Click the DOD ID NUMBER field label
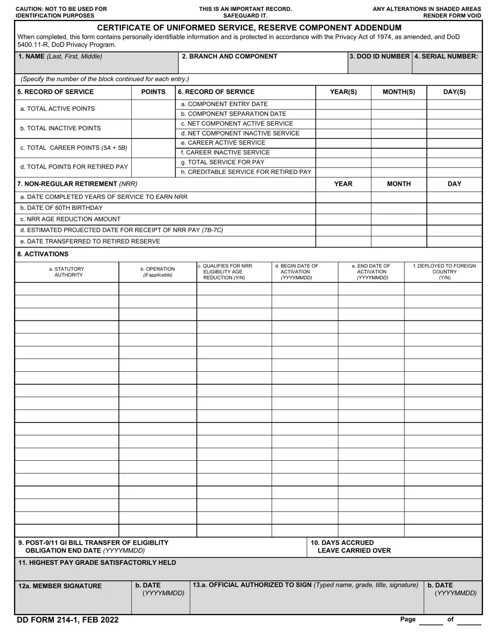pyautogui.click(x=380, y=57)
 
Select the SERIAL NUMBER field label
pyautogui.click(x=446, y=57)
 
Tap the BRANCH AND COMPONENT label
pyautogui.click(x=229, y=57)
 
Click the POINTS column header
pyautogui.click(x=153, y=92)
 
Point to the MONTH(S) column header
pyautogui.click(x=399, y=92)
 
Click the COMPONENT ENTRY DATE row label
pyautogui.click(x=224, y=104)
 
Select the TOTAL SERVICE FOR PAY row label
pyautogui.click(x=222, y=162)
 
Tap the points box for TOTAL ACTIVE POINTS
pyautogui.click(x=153, y=109)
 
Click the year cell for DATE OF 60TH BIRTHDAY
pyautogui.click(x=343, y=208)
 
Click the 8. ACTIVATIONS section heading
pyautogui.click(x=43, y=254)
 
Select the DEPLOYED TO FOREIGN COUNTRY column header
pyautogui.click(x=444, y=272)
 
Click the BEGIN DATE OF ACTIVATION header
pyautogui.click(x=296, y=272)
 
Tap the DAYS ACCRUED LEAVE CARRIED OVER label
pyautogui.click(x=351, y=547)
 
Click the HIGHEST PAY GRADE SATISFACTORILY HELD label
pyautogui.click(x=97, y=563)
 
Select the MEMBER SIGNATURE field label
pyautogui.click(x=60, y=586)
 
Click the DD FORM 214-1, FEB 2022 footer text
pyautogui.click(x=67, y=620)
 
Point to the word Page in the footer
pyautogui.click(x=408, y=619)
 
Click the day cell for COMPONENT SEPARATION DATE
pyautogui.click(x=454, y=114)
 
